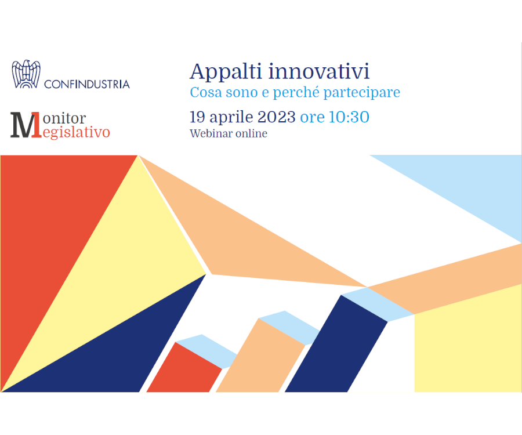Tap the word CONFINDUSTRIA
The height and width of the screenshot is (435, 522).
[87, 84]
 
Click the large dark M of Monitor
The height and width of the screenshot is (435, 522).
[24, 125]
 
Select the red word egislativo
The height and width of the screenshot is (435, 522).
[76, 132]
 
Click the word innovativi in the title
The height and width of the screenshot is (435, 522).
[319, 71]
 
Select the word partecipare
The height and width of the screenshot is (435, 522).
[361, 93]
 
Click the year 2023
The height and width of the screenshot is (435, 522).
[276, 117]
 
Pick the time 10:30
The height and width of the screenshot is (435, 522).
[349, 117]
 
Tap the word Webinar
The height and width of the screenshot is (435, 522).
[211, 133]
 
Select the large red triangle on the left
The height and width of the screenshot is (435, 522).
[46, 233]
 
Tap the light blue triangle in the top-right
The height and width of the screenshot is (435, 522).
[473, 186]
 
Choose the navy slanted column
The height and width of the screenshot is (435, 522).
[336, 346]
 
